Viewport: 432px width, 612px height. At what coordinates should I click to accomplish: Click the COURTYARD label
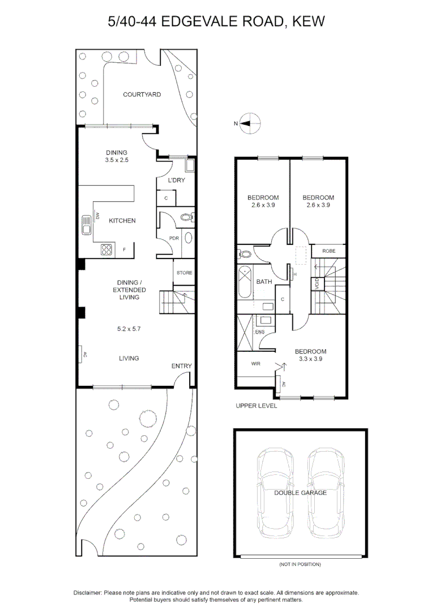click(142, 95)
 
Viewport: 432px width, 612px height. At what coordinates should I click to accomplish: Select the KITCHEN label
click(122, 220)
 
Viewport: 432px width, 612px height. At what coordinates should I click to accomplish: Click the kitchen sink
click(87, 224)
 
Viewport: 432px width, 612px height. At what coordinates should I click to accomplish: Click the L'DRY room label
click(177, 181)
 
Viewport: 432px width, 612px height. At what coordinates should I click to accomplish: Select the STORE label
click(185, 273)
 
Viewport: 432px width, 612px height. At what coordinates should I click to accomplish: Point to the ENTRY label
click(182, 366)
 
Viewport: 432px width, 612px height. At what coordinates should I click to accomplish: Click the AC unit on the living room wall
click(82, 355)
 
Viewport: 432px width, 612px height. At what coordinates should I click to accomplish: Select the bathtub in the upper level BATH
click(245, 281)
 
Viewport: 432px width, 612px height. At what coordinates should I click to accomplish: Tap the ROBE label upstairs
click(329, 250)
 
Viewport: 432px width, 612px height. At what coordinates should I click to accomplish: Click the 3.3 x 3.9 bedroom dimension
click(310, 359)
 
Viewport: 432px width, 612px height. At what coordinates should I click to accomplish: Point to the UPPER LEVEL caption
click(256, 406)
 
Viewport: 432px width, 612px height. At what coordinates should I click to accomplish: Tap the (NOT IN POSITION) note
click(300, 564)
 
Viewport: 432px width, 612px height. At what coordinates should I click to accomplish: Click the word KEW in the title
click(309, 22)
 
